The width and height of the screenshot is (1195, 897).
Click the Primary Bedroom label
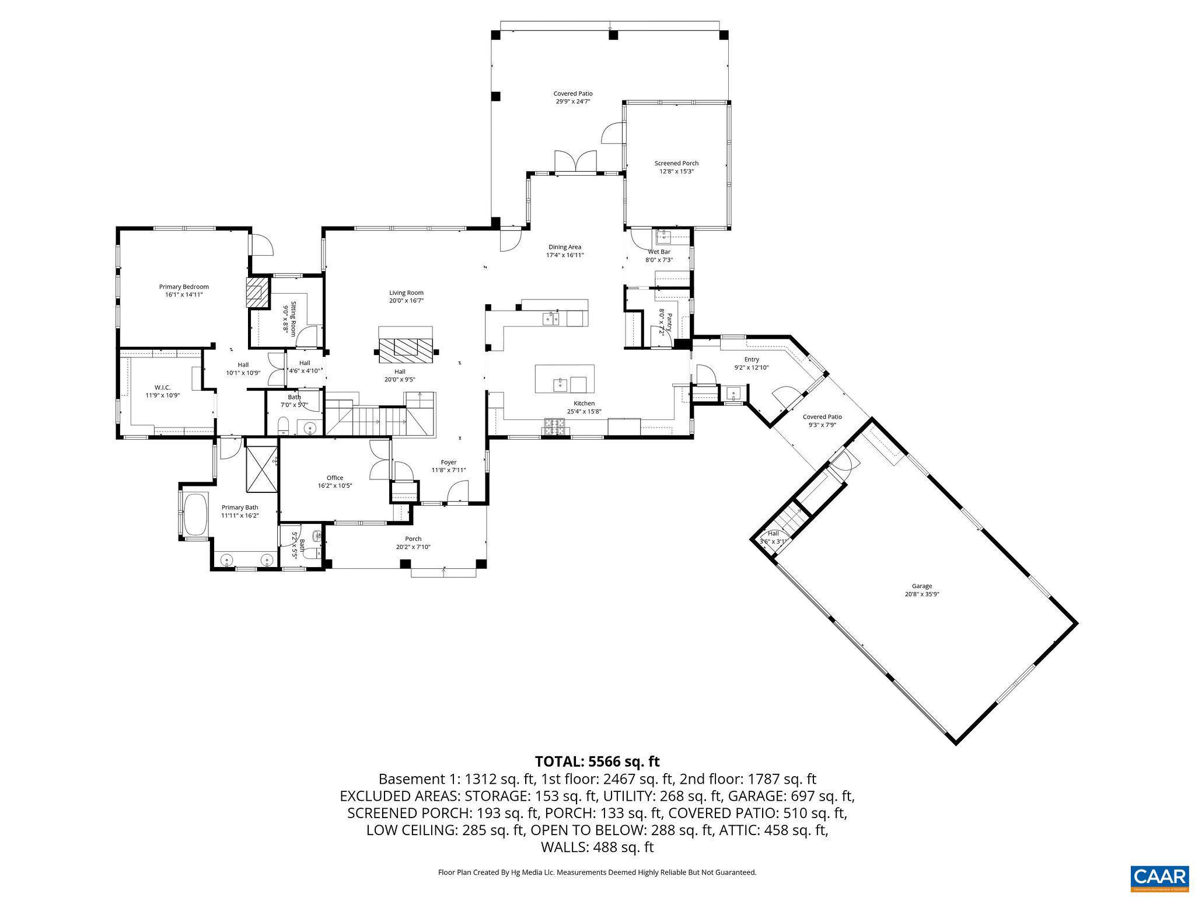pos(184,287)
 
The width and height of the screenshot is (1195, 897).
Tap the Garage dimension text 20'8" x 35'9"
pos(922,594)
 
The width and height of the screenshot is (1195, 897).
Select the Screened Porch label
pos(676,164)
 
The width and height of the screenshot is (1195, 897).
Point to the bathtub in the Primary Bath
pos(195,514)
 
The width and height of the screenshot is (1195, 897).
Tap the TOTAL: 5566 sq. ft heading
pos(597,762)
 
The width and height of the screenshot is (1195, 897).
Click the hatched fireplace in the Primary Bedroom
pos(256,293)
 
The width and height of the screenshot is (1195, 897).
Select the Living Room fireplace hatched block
pos(406,347)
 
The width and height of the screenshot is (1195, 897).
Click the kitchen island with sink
pos(565,380)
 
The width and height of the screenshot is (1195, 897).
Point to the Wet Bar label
pos(659,252)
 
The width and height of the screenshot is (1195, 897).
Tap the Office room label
pos(335,478)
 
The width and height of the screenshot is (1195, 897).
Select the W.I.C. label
pos(163,387)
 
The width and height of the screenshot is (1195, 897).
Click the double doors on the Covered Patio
pos(575,162)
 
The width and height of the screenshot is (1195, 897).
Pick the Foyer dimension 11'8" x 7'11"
pos(449,470)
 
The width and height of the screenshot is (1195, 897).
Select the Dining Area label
pos(564,247)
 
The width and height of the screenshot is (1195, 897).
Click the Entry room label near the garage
pos(752,359)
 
